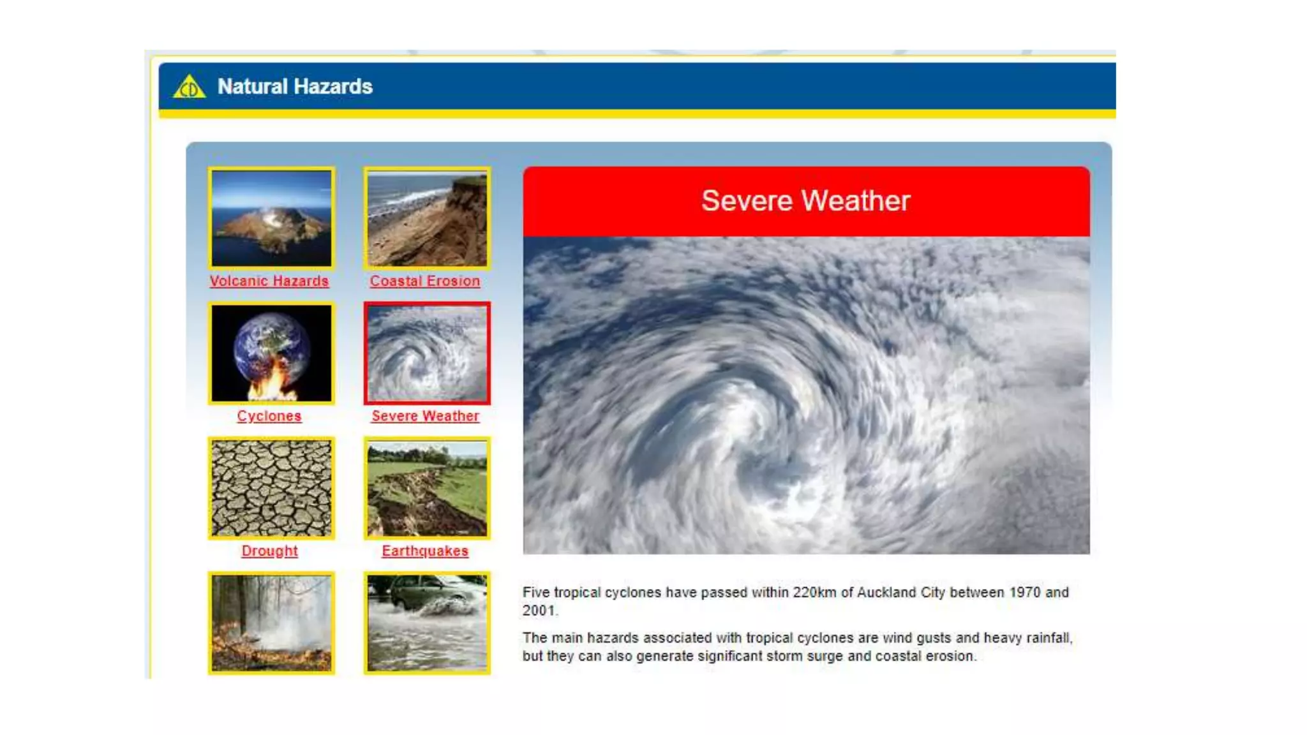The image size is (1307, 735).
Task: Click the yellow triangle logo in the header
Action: point(189,87)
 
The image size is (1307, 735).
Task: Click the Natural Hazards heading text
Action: point(295,86)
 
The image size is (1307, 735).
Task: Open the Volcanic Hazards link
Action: point(269,281)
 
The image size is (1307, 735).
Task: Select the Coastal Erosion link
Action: point(425,281)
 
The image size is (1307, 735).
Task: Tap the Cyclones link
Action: point(269,416)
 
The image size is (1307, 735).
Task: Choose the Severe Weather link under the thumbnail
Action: point(425,416)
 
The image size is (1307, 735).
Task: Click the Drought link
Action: point(269,551)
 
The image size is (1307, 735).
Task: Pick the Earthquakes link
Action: point(425,551)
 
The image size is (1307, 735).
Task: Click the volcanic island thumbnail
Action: point(272,218)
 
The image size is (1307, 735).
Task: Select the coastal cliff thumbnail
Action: point(427,218)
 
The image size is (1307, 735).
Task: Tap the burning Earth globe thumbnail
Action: point(272,353)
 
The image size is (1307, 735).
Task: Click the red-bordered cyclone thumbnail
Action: point(427,353)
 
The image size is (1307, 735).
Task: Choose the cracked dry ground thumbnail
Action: point(272,488)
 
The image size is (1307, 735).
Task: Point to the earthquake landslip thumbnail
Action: point(427,488)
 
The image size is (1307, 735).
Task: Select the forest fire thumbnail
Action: point(272,623)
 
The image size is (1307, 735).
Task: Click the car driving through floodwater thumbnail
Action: point(427,623)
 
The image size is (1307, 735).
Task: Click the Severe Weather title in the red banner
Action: point(805,201)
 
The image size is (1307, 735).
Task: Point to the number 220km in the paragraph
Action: point(814,593)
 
